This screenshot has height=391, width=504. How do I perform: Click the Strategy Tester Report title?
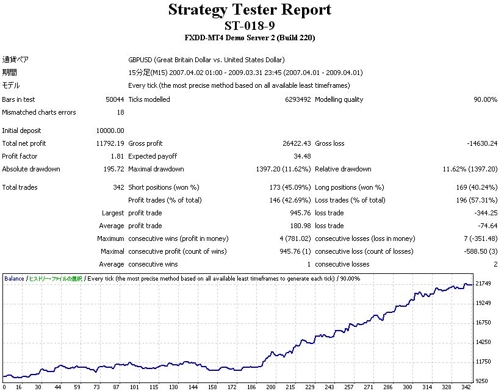coord(250,10)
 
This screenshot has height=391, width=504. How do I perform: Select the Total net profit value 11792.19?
coord(110,143)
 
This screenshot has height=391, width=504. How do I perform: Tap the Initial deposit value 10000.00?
coord(110,131)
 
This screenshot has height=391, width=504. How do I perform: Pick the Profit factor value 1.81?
coord(118,156)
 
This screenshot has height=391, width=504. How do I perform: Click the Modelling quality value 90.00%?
coord(484,99)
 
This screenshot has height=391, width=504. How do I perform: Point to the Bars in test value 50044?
coord(115,99)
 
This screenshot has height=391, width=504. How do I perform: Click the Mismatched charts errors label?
coord(39,112)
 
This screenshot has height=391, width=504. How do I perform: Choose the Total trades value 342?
coord(118,187)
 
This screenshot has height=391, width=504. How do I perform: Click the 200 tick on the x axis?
coord(270,387)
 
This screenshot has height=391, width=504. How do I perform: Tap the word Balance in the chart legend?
coord(14,279)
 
